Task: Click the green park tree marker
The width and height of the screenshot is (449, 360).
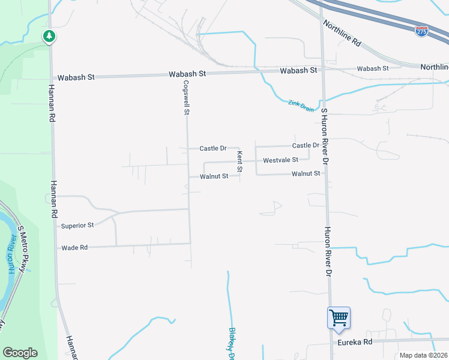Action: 49,37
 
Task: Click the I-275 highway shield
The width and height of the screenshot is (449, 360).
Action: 422,31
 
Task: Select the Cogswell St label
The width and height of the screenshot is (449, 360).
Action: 187,98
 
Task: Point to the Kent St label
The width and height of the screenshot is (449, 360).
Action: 239,162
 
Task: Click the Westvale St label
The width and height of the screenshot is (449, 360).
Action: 280,160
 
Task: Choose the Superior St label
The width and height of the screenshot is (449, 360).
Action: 77,226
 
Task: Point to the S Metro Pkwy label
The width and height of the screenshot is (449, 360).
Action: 23,249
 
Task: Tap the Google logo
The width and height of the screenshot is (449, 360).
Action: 20,352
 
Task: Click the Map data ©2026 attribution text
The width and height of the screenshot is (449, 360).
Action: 424,355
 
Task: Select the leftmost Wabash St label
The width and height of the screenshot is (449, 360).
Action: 76,77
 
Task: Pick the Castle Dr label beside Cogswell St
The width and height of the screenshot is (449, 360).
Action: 212,148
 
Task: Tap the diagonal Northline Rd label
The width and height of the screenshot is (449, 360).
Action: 342,34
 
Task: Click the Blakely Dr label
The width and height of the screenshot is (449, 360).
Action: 231,343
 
